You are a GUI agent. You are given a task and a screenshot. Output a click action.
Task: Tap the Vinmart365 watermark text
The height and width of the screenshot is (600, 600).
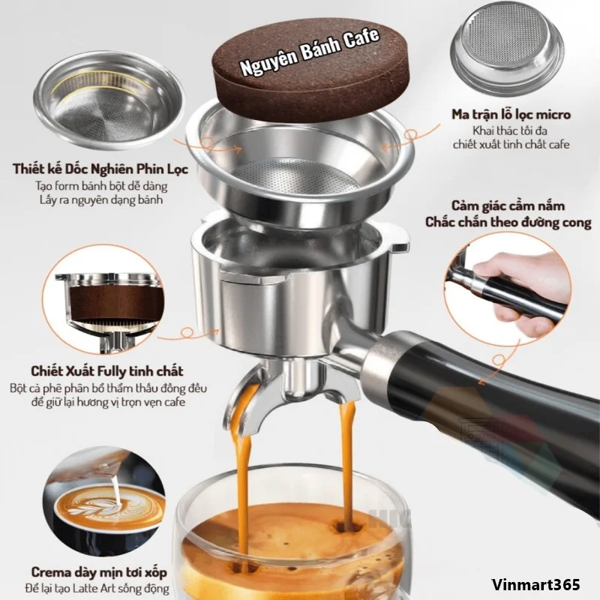tap(535, 584)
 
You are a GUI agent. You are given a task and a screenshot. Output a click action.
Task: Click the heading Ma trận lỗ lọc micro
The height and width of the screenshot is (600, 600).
tap(511, 115)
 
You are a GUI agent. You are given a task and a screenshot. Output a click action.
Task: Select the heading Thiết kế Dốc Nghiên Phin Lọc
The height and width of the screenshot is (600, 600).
tap(100, 169)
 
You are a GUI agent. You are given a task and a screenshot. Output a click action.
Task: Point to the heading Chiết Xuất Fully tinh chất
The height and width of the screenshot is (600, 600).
tap(106, 370)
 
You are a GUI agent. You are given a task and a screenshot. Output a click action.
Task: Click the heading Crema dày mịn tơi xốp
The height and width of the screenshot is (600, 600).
tap(99, 572)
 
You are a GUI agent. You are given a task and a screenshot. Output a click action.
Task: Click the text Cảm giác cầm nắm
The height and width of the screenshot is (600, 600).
tap(508, 206)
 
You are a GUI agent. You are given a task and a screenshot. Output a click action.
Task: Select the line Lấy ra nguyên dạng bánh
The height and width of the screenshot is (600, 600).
tap(101, 199)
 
